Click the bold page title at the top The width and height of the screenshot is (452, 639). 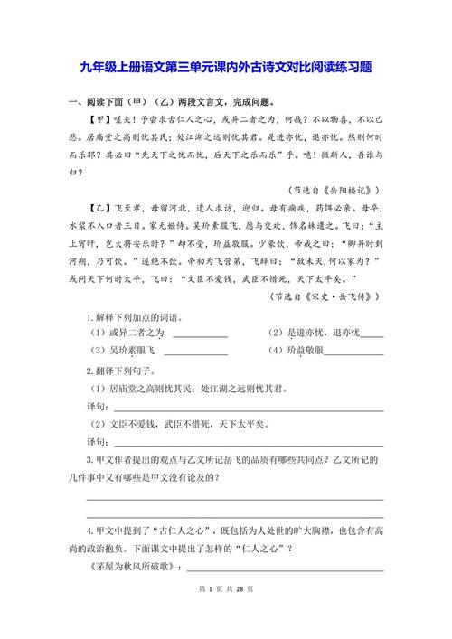pyautogui.click(x=226, y=68)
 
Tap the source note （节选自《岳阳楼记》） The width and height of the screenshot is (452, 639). pyautogui.click(x=332, y=191)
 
